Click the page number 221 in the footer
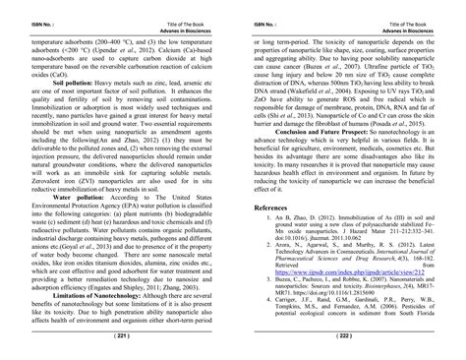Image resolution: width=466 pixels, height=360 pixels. click(121, 335)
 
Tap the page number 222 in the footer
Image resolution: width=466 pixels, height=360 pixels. click(344, 335)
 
